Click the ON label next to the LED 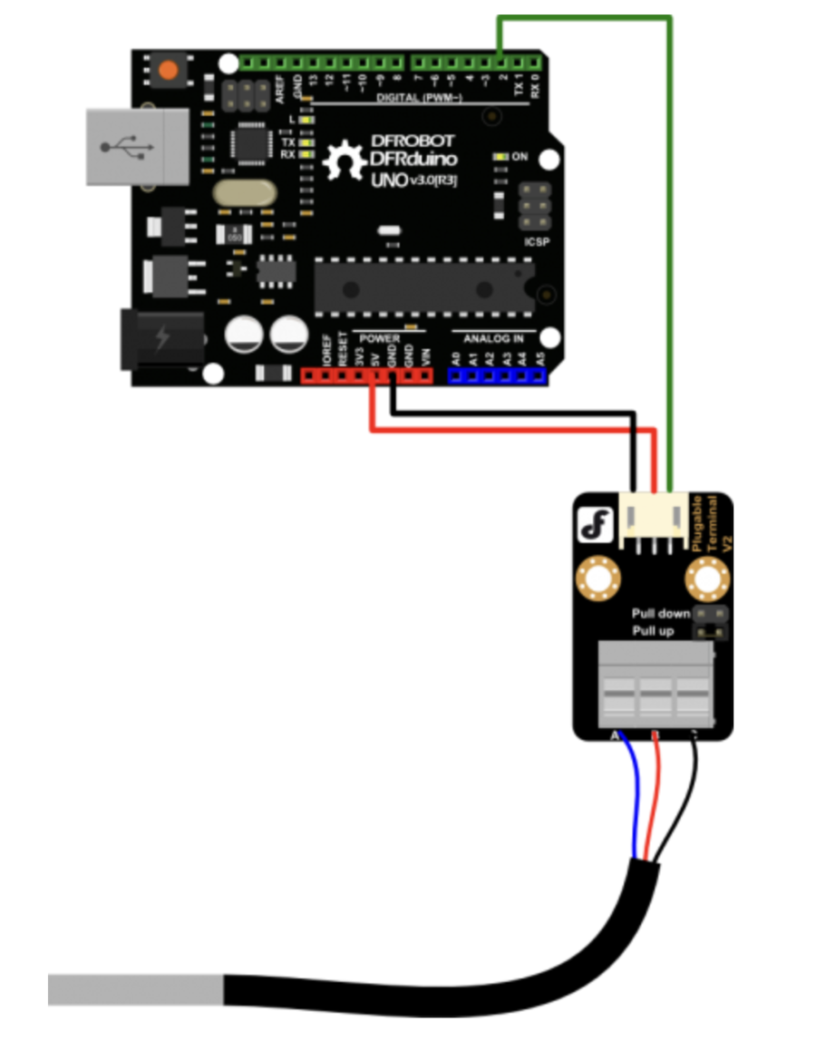coord(520,157)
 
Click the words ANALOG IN coord(493,338)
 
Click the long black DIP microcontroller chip coord(423,283)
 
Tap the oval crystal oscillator coord(245,192)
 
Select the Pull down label coord(661,614)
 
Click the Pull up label coord(653,630)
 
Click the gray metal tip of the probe coord(136,989)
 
